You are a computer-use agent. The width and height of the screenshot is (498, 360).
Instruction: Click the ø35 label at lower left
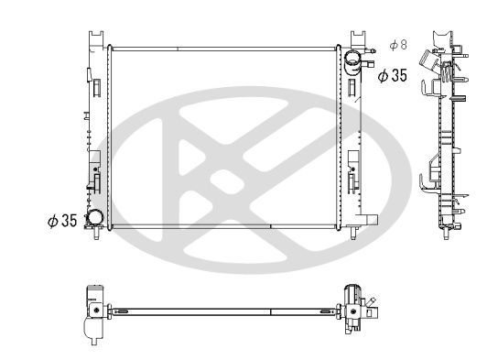61,221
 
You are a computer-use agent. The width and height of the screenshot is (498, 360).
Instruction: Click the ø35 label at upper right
393,76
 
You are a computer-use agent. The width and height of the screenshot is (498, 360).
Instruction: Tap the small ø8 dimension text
397,44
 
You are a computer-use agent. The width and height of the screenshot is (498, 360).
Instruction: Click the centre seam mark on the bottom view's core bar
272,312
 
